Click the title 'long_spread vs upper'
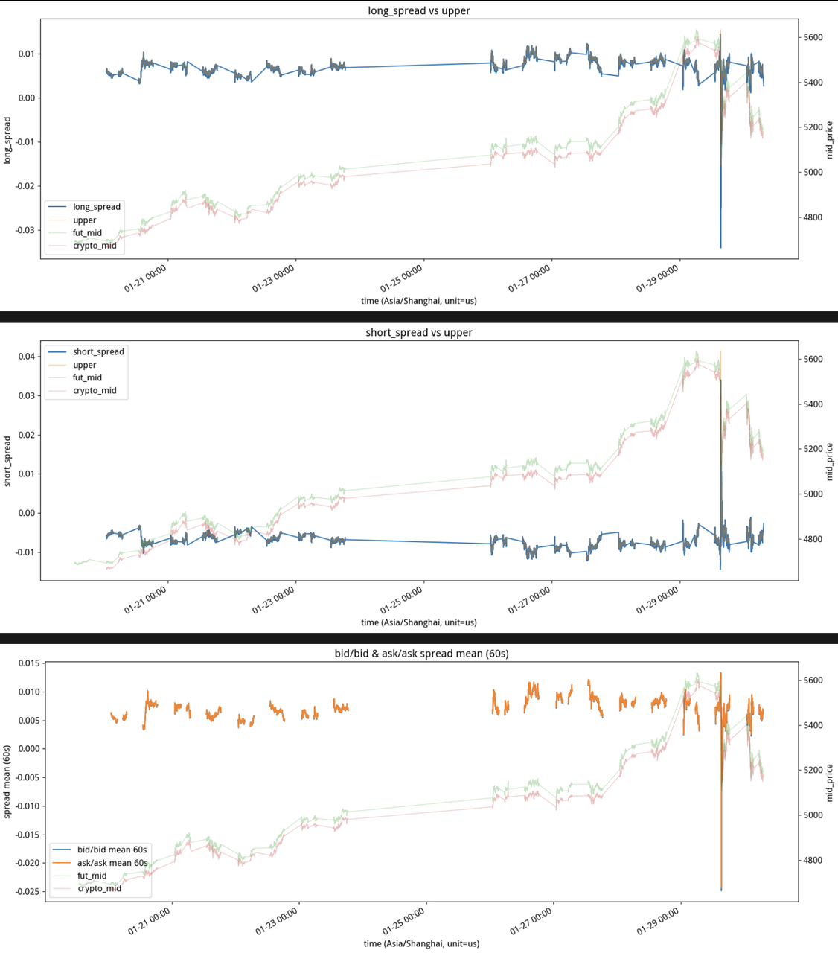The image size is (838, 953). click(419, 10)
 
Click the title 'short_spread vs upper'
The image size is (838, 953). click(419, 332)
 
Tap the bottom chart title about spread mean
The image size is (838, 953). click(421, 654)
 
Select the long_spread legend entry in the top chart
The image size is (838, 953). click(96, 207)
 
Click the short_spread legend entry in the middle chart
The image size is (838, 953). click(98, 351)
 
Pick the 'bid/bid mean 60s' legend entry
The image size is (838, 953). click(112, 850)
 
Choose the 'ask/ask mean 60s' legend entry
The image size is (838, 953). click(112, 863)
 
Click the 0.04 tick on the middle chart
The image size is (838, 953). click(26, 357)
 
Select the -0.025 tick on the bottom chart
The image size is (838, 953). click(23, 891)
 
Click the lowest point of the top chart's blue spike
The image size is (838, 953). click(720, 248)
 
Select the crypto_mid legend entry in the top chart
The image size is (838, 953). click(94, 246)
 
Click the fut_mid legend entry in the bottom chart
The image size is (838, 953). click(92, 876)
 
